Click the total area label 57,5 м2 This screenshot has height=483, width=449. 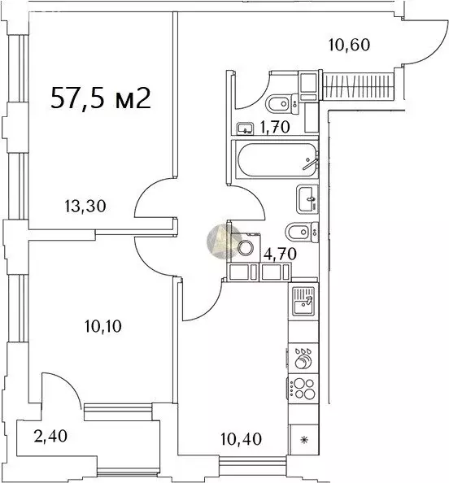click(101, 98)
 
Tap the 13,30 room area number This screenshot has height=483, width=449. click(85, 206)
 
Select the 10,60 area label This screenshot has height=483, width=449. click(349, 45)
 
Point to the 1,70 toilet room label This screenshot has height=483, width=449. click(275, 127)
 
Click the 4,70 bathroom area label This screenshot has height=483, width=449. click(280, 254)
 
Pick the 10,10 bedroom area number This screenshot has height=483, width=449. click(103, 326)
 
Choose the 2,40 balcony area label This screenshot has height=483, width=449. click(50, 436)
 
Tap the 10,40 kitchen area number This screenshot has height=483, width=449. click(242, 438)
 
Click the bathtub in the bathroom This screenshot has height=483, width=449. click(277, 159)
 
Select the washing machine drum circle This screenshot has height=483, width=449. click(246, 247)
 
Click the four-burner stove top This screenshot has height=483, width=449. click(303, 389)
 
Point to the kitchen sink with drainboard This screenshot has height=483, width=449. click(303, 301)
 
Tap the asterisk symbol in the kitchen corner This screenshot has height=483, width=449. click(304, 440)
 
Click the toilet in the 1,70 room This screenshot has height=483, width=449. click(282, 104)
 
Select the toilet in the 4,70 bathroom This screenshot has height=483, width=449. click(302, 232)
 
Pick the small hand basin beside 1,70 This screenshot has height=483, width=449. click(246, 128)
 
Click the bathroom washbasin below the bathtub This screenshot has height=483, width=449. click(307, 198)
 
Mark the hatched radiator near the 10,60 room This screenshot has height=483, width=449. click(359, 85)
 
